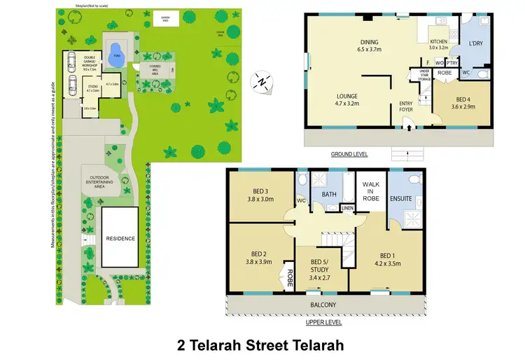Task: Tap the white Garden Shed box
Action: [x=165, y=19]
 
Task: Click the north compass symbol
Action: [x=260, y=81]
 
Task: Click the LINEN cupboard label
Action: [x=346, y=207]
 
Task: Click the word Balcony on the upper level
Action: [x=323, y=304]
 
